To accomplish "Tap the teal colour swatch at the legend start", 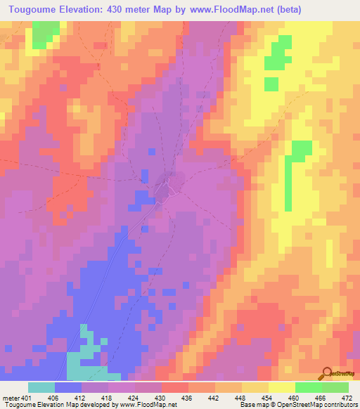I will coord(41,387).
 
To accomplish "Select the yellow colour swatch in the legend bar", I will coord(281,387).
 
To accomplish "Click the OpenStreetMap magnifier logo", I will coord(328,373).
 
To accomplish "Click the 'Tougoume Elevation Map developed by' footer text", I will coord(60,405).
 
